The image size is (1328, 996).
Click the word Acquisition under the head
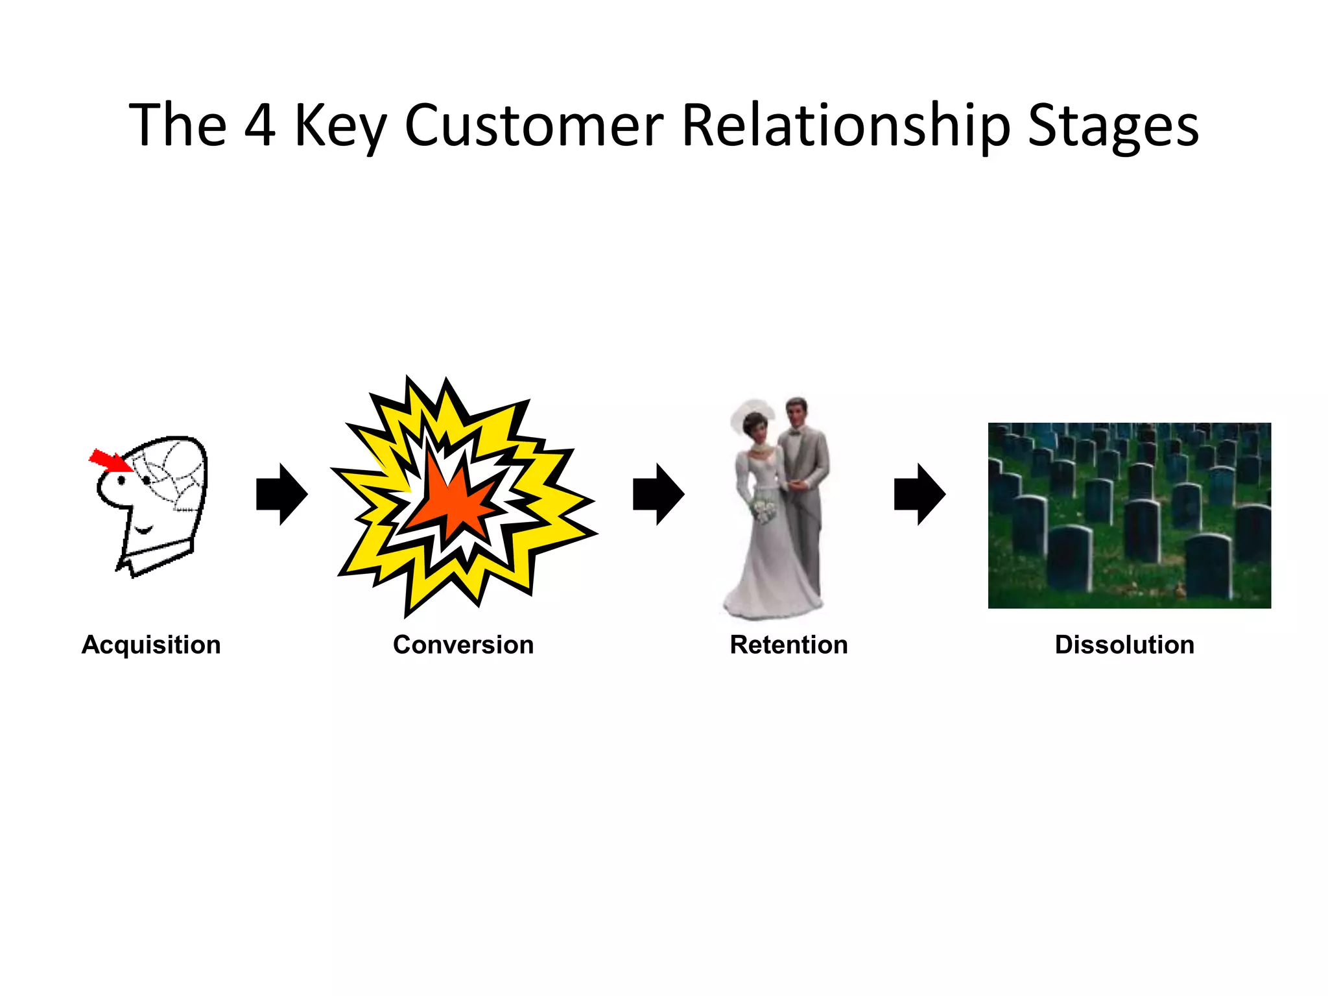click(x=151, y=645)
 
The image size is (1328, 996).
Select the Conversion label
click(x=463, y=645)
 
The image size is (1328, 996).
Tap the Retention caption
click(x=788, y=645)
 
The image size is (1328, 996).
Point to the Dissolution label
click(x=1124, y=645)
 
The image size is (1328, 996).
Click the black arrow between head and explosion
click(x=281, y=494)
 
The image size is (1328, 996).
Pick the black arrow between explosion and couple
click(x=658, y=494)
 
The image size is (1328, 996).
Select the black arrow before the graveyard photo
click(x=919, y=494)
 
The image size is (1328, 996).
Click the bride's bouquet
click(x=763, y=511)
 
